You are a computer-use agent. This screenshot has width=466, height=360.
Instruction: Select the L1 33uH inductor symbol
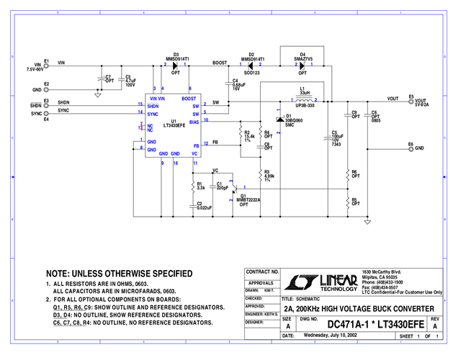click(x=305, y=100)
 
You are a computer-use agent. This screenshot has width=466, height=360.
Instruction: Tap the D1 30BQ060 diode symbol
click(x=279, y=119)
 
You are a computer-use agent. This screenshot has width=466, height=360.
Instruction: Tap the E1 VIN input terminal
click(x=45, y=65)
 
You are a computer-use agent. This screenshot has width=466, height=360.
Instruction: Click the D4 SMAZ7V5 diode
click(x=302, y=65)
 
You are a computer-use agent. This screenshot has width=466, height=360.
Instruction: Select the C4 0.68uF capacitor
click(x=228, y=84)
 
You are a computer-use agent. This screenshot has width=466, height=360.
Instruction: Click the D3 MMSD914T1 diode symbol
click(x=176, y=65)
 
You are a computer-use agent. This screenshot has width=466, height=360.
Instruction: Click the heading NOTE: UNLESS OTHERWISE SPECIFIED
click(x=119, y=274)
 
